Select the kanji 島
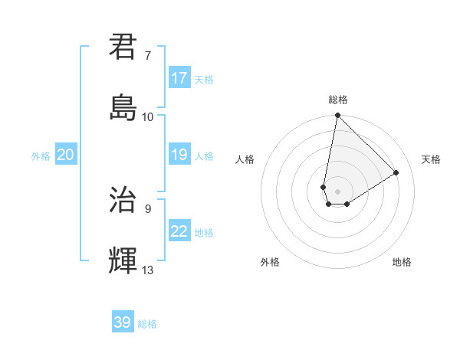(x=123, y=107)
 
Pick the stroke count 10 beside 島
(x=148, y=117)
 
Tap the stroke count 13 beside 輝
(x=148, y=270)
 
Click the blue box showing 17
(x=179, y=78)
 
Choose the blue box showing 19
(x=179, y=155)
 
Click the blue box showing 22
(x=179, y=231)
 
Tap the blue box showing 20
(x=66, y=155)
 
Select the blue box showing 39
(x=123, y=322)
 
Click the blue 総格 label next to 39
(x=147, y=324)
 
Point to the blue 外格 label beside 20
(x=41, y=156)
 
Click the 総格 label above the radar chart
(x=338, y=100)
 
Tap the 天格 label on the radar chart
(x=431, y=159)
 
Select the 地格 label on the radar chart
(x=402, y=262)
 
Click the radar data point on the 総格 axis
(x=337, y=116)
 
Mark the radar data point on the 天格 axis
(x=396, y=172)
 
